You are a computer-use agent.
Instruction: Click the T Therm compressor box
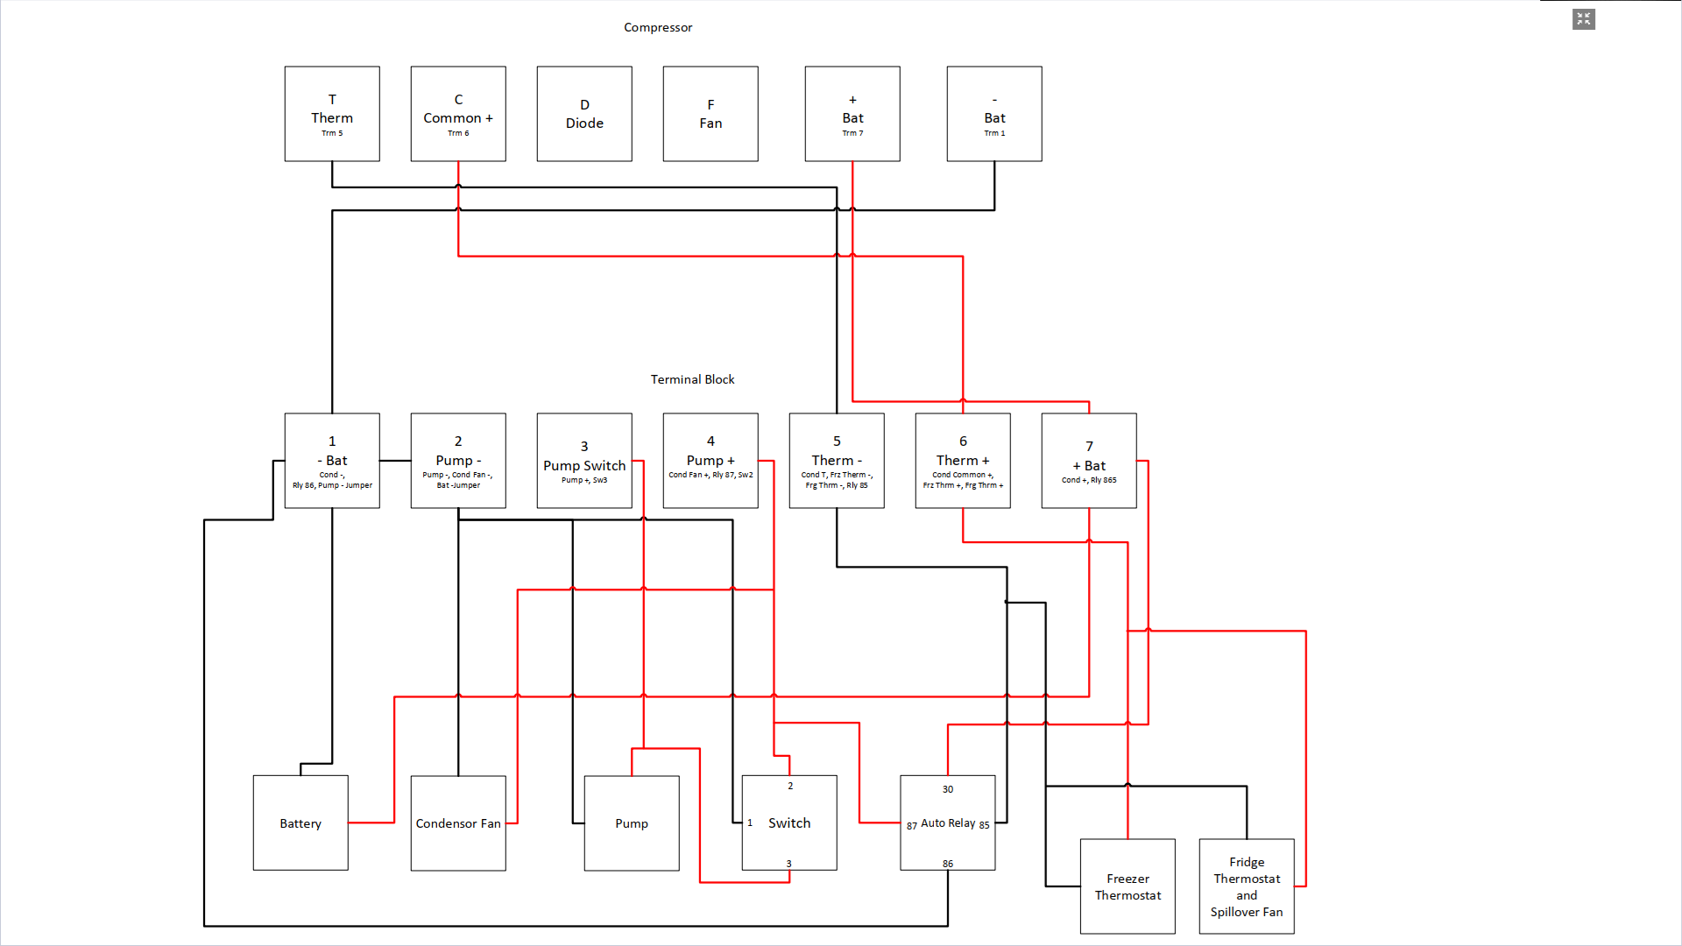pos(332,114)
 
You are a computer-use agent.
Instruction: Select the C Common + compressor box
pos(458,114)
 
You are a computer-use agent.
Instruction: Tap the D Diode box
pos(584,114)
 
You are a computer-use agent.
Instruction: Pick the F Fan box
pos(710,114)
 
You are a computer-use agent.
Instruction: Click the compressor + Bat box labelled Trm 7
pos(852,114)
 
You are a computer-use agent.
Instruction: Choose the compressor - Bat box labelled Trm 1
pos(994,114)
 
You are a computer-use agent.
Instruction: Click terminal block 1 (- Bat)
pos(332,461)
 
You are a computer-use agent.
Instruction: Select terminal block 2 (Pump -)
pos(458,461)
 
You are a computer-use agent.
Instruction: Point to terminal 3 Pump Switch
pos(584,461)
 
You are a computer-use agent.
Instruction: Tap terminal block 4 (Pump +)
pos(710,461)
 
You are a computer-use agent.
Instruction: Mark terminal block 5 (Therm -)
pos(837,461)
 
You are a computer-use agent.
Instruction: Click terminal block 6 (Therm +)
pos(963,461)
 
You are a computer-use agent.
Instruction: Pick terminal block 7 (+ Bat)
pos(1089,461)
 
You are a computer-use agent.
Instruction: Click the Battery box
pos(300,822)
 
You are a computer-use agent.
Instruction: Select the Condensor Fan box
pos(458,822)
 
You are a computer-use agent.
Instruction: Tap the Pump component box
pos(632,822)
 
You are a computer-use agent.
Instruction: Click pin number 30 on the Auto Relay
pos(948,789)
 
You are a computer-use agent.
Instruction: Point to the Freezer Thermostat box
pos(1127,886)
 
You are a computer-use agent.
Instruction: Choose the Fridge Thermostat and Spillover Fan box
pos(1247,886)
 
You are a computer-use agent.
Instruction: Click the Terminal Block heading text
pos(692,379)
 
